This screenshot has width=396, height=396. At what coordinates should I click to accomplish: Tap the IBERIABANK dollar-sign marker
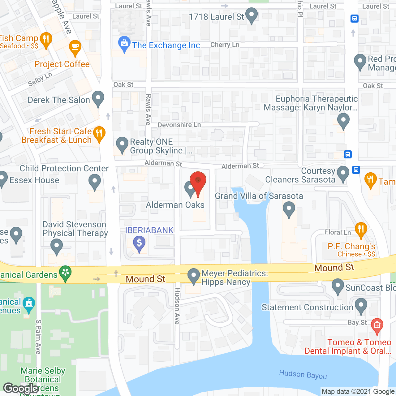(x=139, y=243)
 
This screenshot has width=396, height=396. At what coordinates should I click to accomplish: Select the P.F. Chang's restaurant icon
(x=361, y=230)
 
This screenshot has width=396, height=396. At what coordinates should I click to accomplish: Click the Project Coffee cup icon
(x=75, y=47)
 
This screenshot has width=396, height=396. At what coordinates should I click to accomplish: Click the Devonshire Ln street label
(x=179, y=125)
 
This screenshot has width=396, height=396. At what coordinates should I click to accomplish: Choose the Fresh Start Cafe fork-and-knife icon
(x=99, y=134)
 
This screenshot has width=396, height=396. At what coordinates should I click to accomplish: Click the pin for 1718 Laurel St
(x=252, y=15)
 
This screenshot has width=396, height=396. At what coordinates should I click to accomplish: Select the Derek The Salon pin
(x=98, y=98)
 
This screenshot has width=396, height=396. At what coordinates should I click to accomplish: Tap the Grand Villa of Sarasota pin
(x=289, y=209)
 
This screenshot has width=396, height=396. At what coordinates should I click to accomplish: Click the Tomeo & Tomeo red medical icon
(x=377, y=325)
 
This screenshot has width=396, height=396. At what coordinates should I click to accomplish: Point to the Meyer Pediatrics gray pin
(x=194, y=275)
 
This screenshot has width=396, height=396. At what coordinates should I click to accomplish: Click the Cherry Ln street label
(x=225, y=45)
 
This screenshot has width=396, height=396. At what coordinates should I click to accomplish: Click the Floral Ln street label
(x=338, y=232)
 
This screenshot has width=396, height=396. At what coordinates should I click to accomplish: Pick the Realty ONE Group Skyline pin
(x=122, y=144)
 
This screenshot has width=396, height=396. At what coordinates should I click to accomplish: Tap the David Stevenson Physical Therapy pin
(x=56, y=247)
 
